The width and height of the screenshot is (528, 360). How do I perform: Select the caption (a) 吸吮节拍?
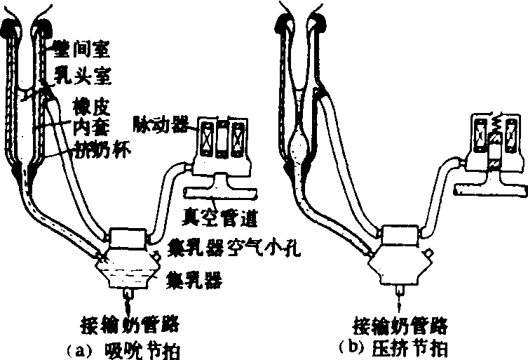(x=127, y=349)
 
